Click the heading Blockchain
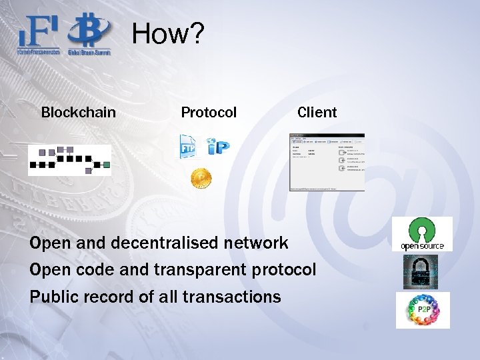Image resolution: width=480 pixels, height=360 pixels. tap(78, 113)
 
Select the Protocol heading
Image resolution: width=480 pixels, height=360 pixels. tap(209, 113)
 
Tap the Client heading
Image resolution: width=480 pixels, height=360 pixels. tap(317, 113)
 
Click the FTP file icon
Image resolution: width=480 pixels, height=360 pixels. tap(189, 147)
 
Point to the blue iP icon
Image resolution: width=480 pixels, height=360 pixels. tap(218, 147)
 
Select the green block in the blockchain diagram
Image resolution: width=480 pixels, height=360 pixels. tap(106, 165)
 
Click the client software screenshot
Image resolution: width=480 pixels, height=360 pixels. tap(327, 162)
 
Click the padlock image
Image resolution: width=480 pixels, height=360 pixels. tap(420, 271)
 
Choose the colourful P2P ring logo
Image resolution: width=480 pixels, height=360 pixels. tap(423, 310)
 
